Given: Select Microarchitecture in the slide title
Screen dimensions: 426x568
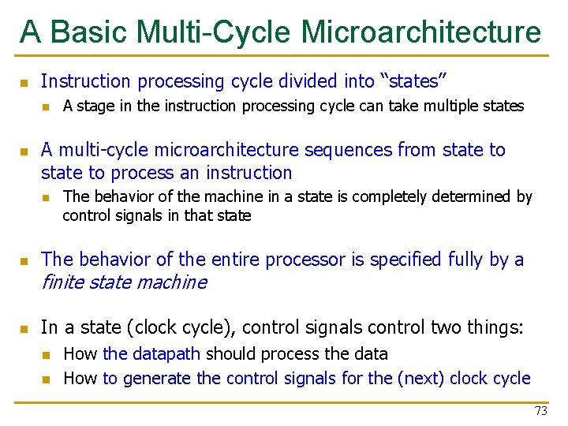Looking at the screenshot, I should (421, 32).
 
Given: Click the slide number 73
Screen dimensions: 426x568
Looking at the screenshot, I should (540, 410).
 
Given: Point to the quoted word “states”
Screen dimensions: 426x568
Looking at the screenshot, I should (413, 81).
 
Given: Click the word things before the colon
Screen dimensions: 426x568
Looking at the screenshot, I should (495, 327).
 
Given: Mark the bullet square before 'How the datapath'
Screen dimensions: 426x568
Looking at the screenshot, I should (46, 355).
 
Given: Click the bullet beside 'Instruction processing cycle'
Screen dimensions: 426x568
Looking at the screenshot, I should (24, 82).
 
